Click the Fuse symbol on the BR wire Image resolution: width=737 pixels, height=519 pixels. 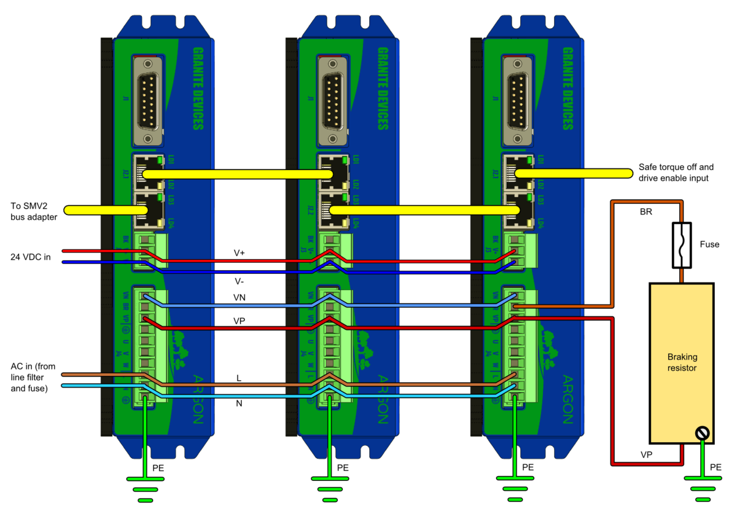[682, 245]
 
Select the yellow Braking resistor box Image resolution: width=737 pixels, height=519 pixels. [682, 362]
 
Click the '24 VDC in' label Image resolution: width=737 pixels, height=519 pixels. [31, 257]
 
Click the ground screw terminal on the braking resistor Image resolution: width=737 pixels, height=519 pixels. [702, 434]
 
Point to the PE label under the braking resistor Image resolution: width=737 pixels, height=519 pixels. [716, 467]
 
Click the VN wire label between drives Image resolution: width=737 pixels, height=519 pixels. [240, 297]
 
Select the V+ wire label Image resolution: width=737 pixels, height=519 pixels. [240, 252]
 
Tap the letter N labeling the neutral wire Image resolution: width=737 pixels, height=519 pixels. [240, 404]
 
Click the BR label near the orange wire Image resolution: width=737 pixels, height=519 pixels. [646, 211]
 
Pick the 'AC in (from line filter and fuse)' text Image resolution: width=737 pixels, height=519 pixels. [33, 377]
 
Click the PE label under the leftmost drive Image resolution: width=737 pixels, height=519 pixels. [158, 467]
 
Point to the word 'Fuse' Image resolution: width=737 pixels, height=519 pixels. [709, 244]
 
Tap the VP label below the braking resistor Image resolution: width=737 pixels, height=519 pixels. [646, 455]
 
